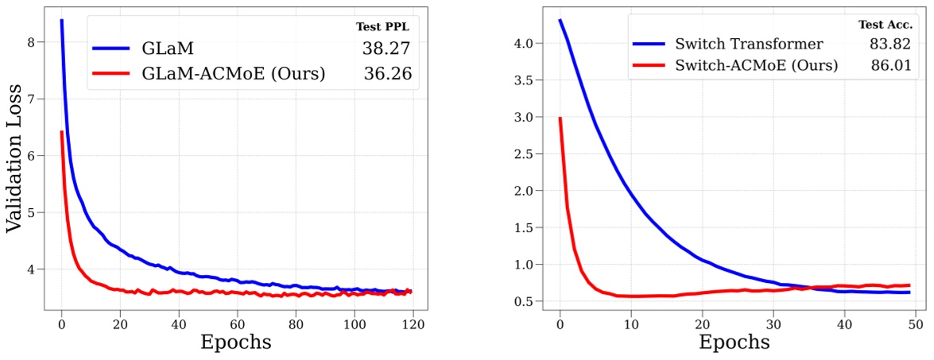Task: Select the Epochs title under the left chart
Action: tap(236, 343)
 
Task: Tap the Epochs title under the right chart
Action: tap(734, 343)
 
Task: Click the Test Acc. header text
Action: tap(884, 25)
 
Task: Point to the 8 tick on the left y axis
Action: tap(31, 41)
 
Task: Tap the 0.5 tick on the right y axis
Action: tap(525, 301)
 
